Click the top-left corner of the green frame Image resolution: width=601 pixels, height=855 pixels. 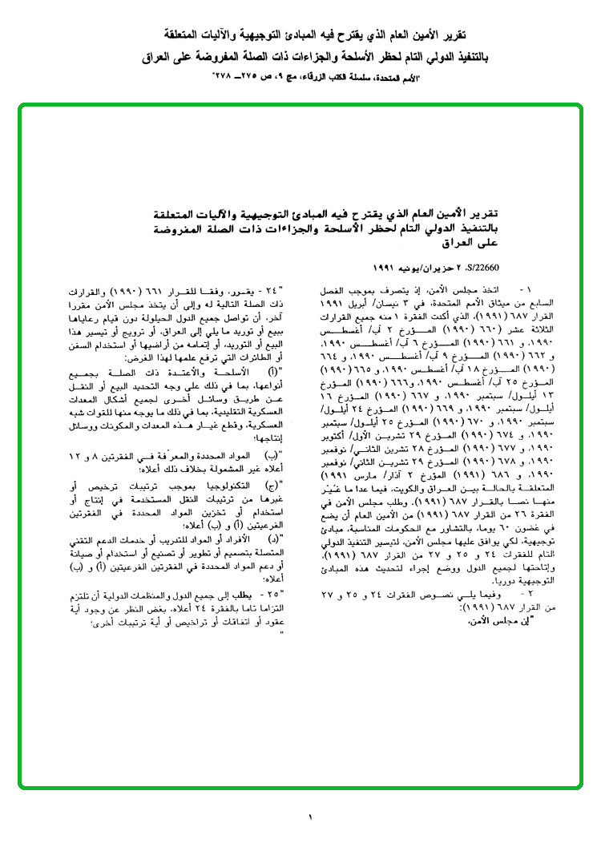[21, 106]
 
